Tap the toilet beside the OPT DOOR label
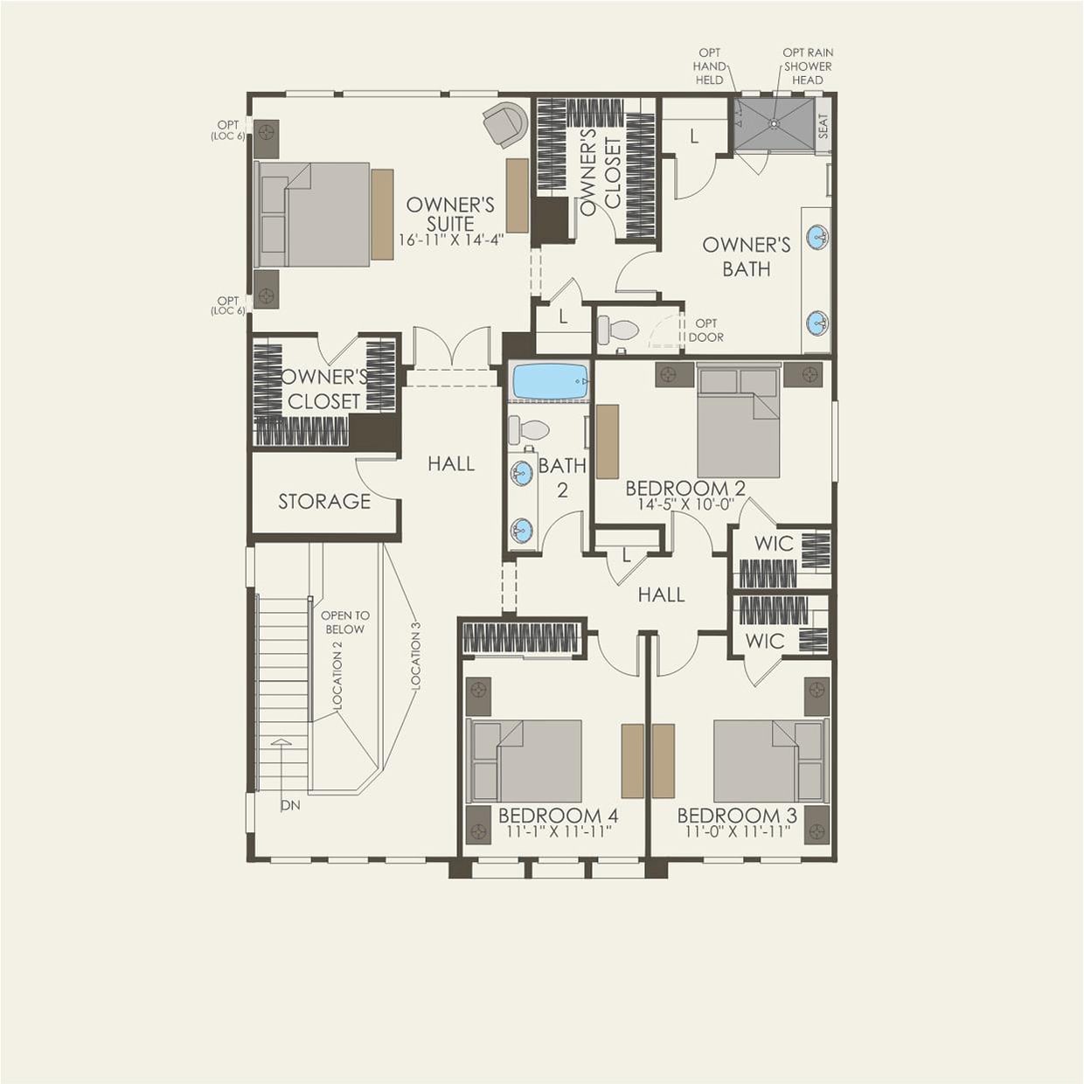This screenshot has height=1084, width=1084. click(618, 330)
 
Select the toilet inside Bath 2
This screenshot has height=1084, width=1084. click(528, 429)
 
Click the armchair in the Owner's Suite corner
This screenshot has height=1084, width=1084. click(505, 123)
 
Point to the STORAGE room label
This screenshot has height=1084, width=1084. click(324, 501)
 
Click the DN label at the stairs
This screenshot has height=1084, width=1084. click(290, 805)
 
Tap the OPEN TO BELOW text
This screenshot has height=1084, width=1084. click(344, 622)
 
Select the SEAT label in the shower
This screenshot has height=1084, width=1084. click(823, 127)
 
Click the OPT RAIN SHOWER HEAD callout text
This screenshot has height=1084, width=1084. click(808, 66)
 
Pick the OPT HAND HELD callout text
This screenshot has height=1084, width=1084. click(710, 66)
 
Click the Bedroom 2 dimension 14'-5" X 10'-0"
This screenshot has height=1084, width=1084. click(684, 504)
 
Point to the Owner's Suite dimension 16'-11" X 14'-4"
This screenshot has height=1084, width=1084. click(451, 240)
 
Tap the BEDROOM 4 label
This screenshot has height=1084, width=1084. click(558, 815)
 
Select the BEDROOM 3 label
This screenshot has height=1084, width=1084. click(737, 815)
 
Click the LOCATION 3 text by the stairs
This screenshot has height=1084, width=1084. click(416, 659)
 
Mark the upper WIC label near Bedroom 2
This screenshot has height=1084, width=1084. click(774, 543)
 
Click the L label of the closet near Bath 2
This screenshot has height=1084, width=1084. click(626, 555)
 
